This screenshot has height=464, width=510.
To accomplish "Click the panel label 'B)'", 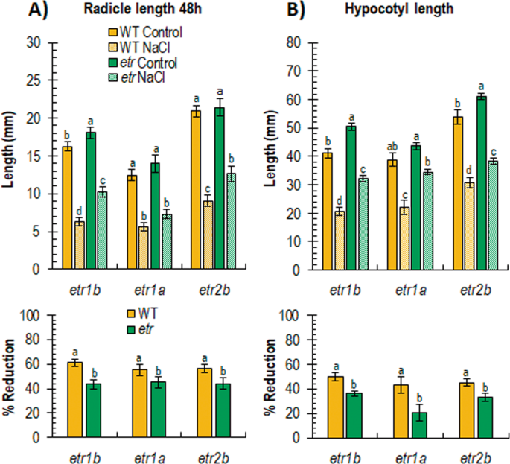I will point(275,12).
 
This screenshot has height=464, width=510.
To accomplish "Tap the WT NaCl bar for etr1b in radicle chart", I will point(80,245).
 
